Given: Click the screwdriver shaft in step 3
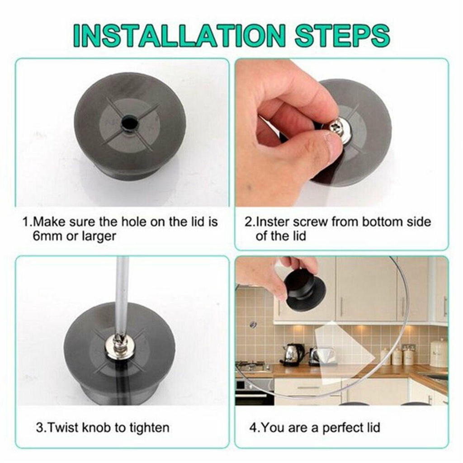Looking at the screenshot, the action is [122, 295].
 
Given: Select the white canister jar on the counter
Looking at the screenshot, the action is [439, 353].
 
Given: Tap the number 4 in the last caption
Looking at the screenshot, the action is [253, 428].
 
